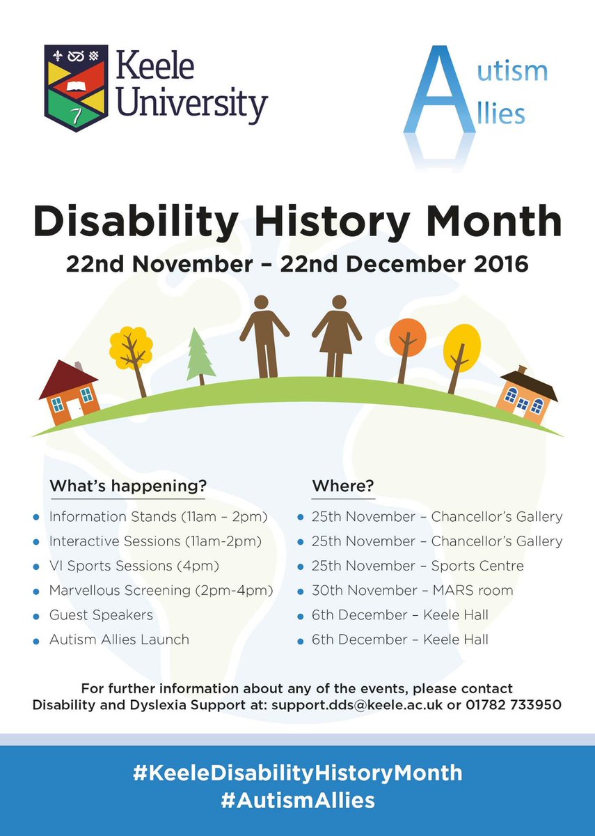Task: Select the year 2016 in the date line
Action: click(x=498, y=265)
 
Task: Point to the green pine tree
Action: click(x=201, y=356)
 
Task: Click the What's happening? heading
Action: click(x=128, y=485)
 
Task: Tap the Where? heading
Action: click(x=343, y=485)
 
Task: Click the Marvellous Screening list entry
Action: click(x=161, y=590)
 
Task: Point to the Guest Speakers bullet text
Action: click(x=101, y=614)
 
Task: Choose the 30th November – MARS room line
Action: click(x=412, y=590)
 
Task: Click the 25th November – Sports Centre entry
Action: click(x=418, y=566)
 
